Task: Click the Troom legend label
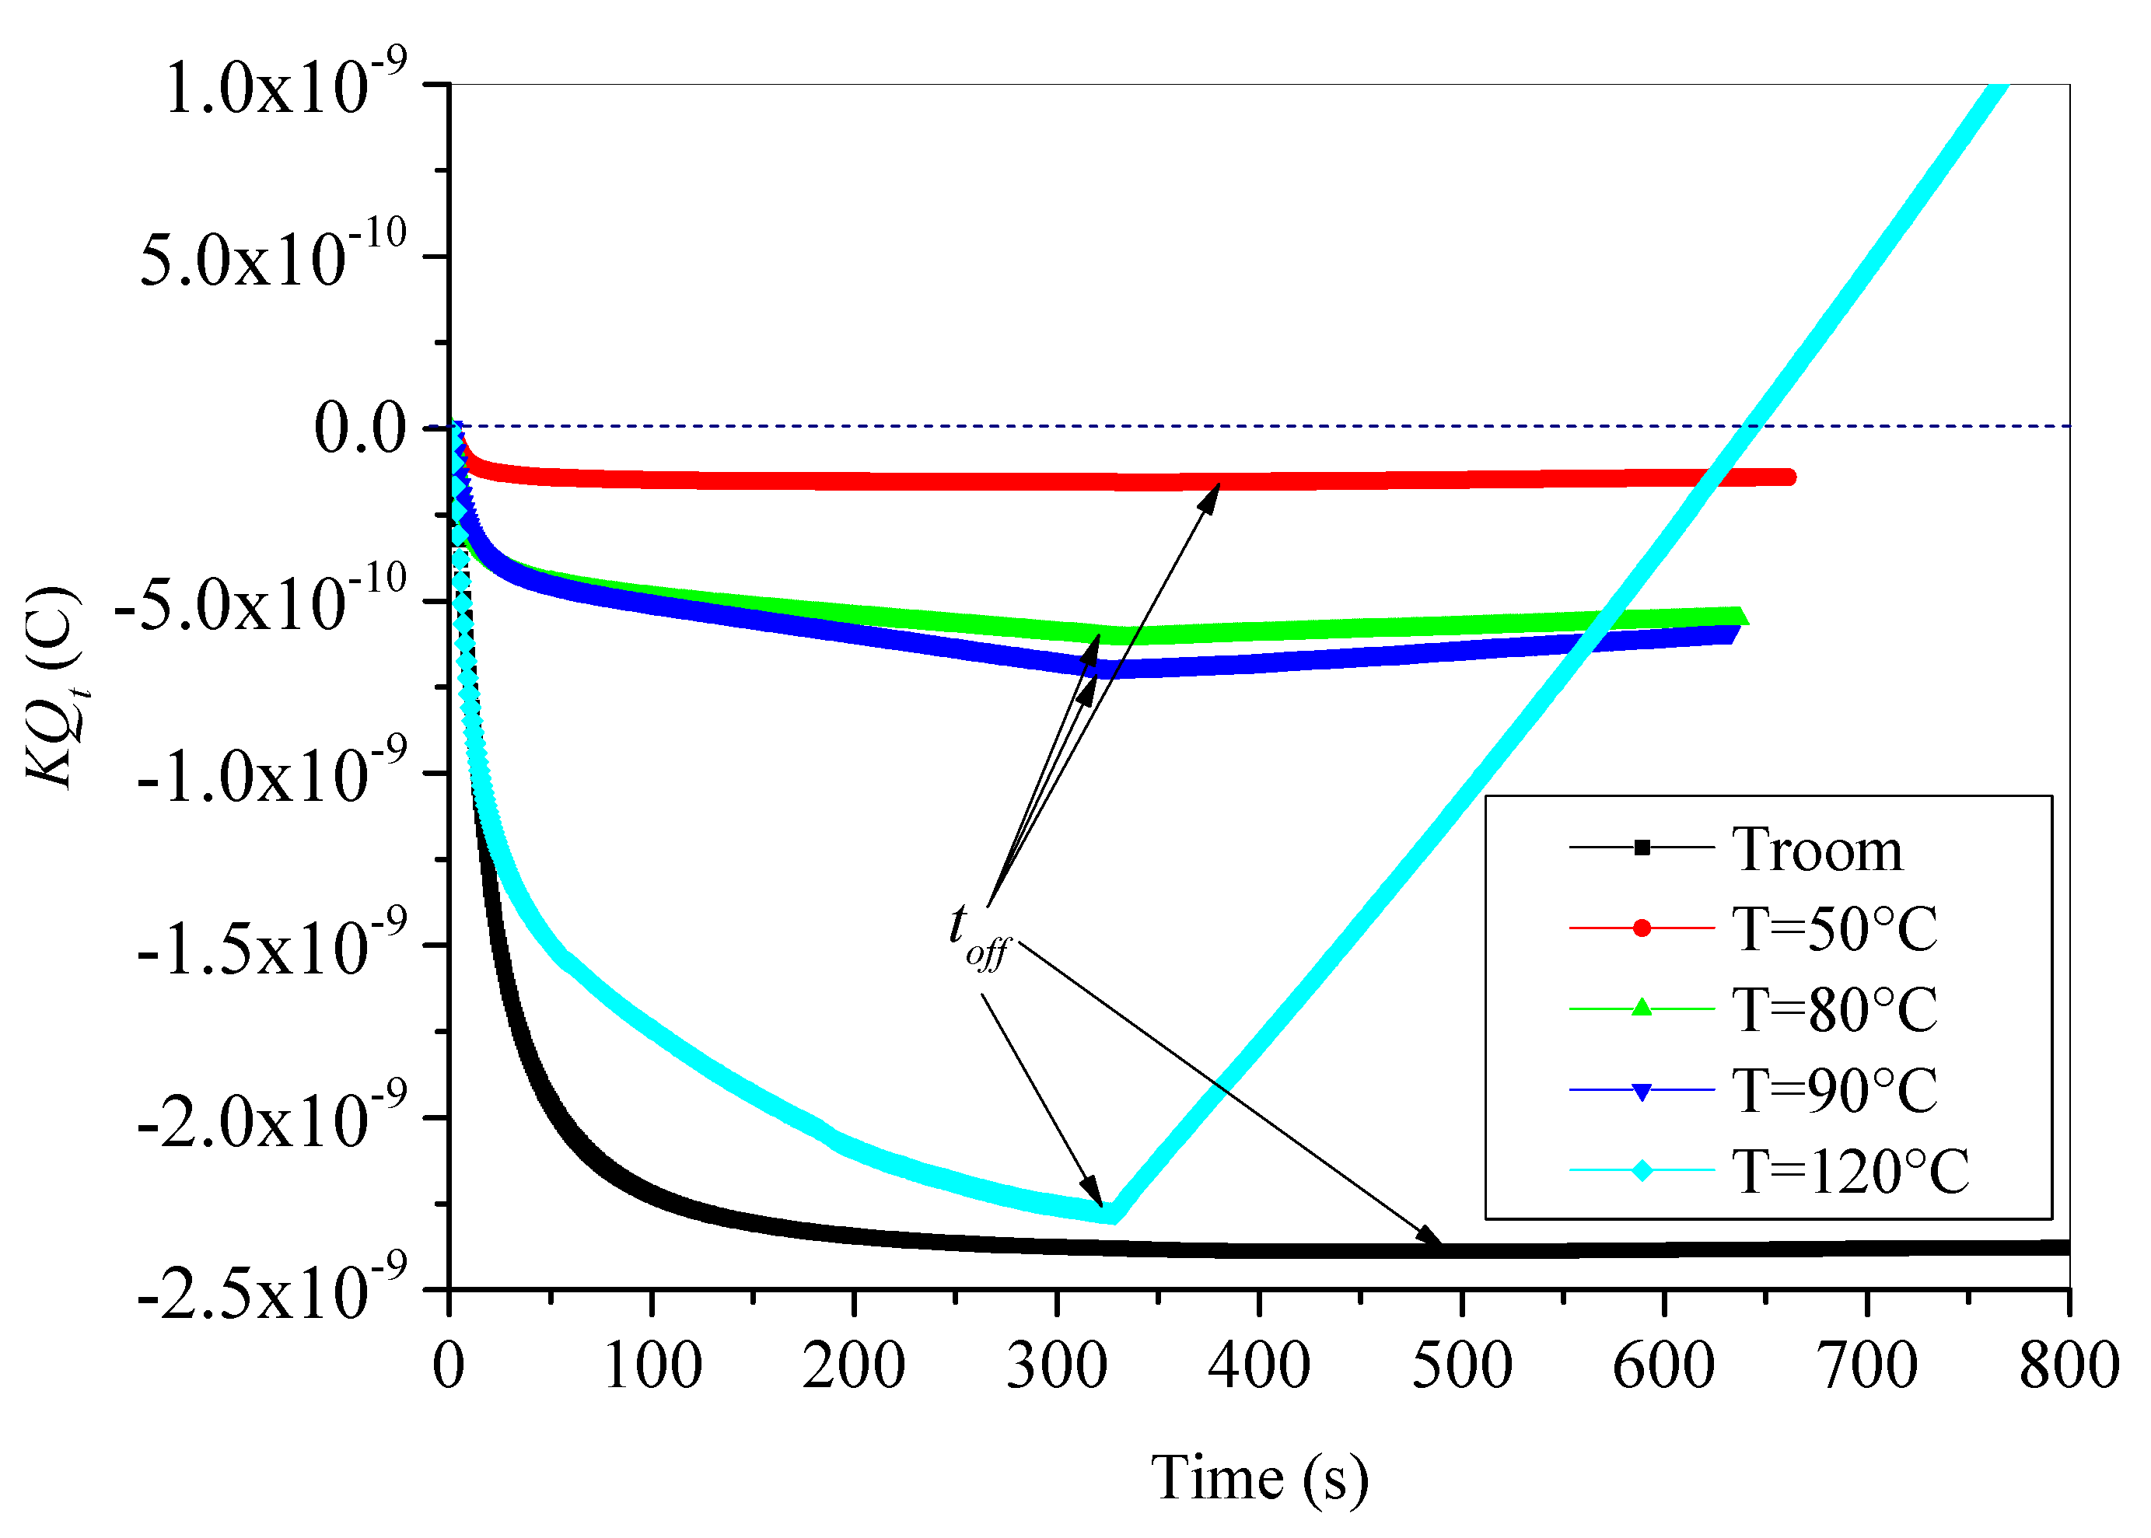coord(1817,850)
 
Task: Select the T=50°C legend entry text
coord(1835,929)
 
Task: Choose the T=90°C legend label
coord(1835,1090)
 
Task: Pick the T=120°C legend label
coord(1851,1172)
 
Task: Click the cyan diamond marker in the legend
coord(1642,1172)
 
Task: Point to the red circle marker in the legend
coord(1642,928)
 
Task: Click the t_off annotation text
coord(978,933)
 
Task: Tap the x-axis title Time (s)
coord(1260,1478)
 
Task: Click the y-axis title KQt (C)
coord(55,687)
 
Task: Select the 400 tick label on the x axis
coord(1260,1367)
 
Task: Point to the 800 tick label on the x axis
coord(2069,1367)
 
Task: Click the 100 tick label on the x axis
coord(652,1367)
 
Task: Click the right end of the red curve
coord(1789,477)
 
